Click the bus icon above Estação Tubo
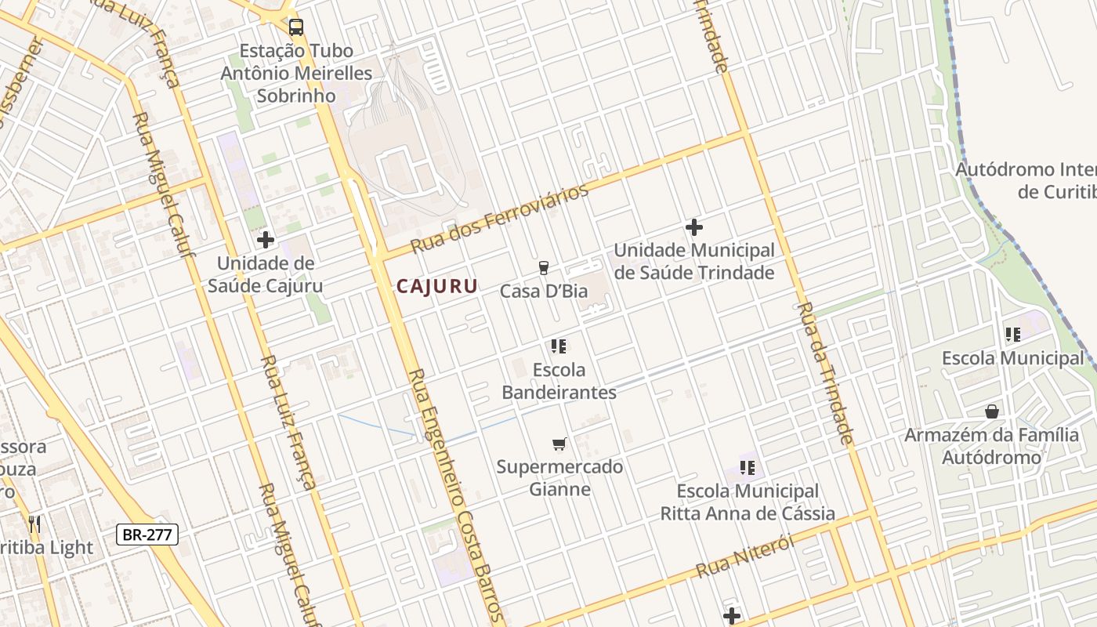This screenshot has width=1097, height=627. coord(296,27)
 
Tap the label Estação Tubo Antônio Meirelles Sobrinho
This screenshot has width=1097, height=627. coord(297,73)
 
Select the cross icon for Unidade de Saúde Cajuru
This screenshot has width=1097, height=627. coord(266,240)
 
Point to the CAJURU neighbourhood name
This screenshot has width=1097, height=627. coord(436,286)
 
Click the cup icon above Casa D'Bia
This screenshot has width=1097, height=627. coord(544,268)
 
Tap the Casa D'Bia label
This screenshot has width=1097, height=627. coord(544,292)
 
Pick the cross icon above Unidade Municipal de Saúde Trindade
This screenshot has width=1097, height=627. coord(694,227)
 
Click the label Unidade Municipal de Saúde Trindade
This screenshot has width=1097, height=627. coord(694,262)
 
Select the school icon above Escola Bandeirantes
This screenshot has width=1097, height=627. coord(559,346)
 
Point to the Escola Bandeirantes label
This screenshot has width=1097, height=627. coord(559,381)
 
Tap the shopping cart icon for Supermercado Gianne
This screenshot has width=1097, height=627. coord(559,444)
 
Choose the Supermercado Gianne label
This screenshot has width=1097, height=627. coord(559,478)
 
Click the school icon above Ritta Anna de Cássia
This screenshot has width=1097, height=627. coord(748,468)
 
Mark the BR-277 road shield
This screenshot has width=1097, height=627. coord(148,535)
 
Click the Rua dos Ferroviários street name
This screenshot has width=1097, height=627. coord(500,219)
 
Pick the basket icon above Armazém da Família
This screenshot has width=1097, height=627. coord(992,411)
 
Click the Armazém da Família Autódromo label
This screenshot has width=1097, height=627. coord(992,446)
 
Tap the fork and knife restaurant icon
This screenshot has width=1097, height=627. coord(34,524)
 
